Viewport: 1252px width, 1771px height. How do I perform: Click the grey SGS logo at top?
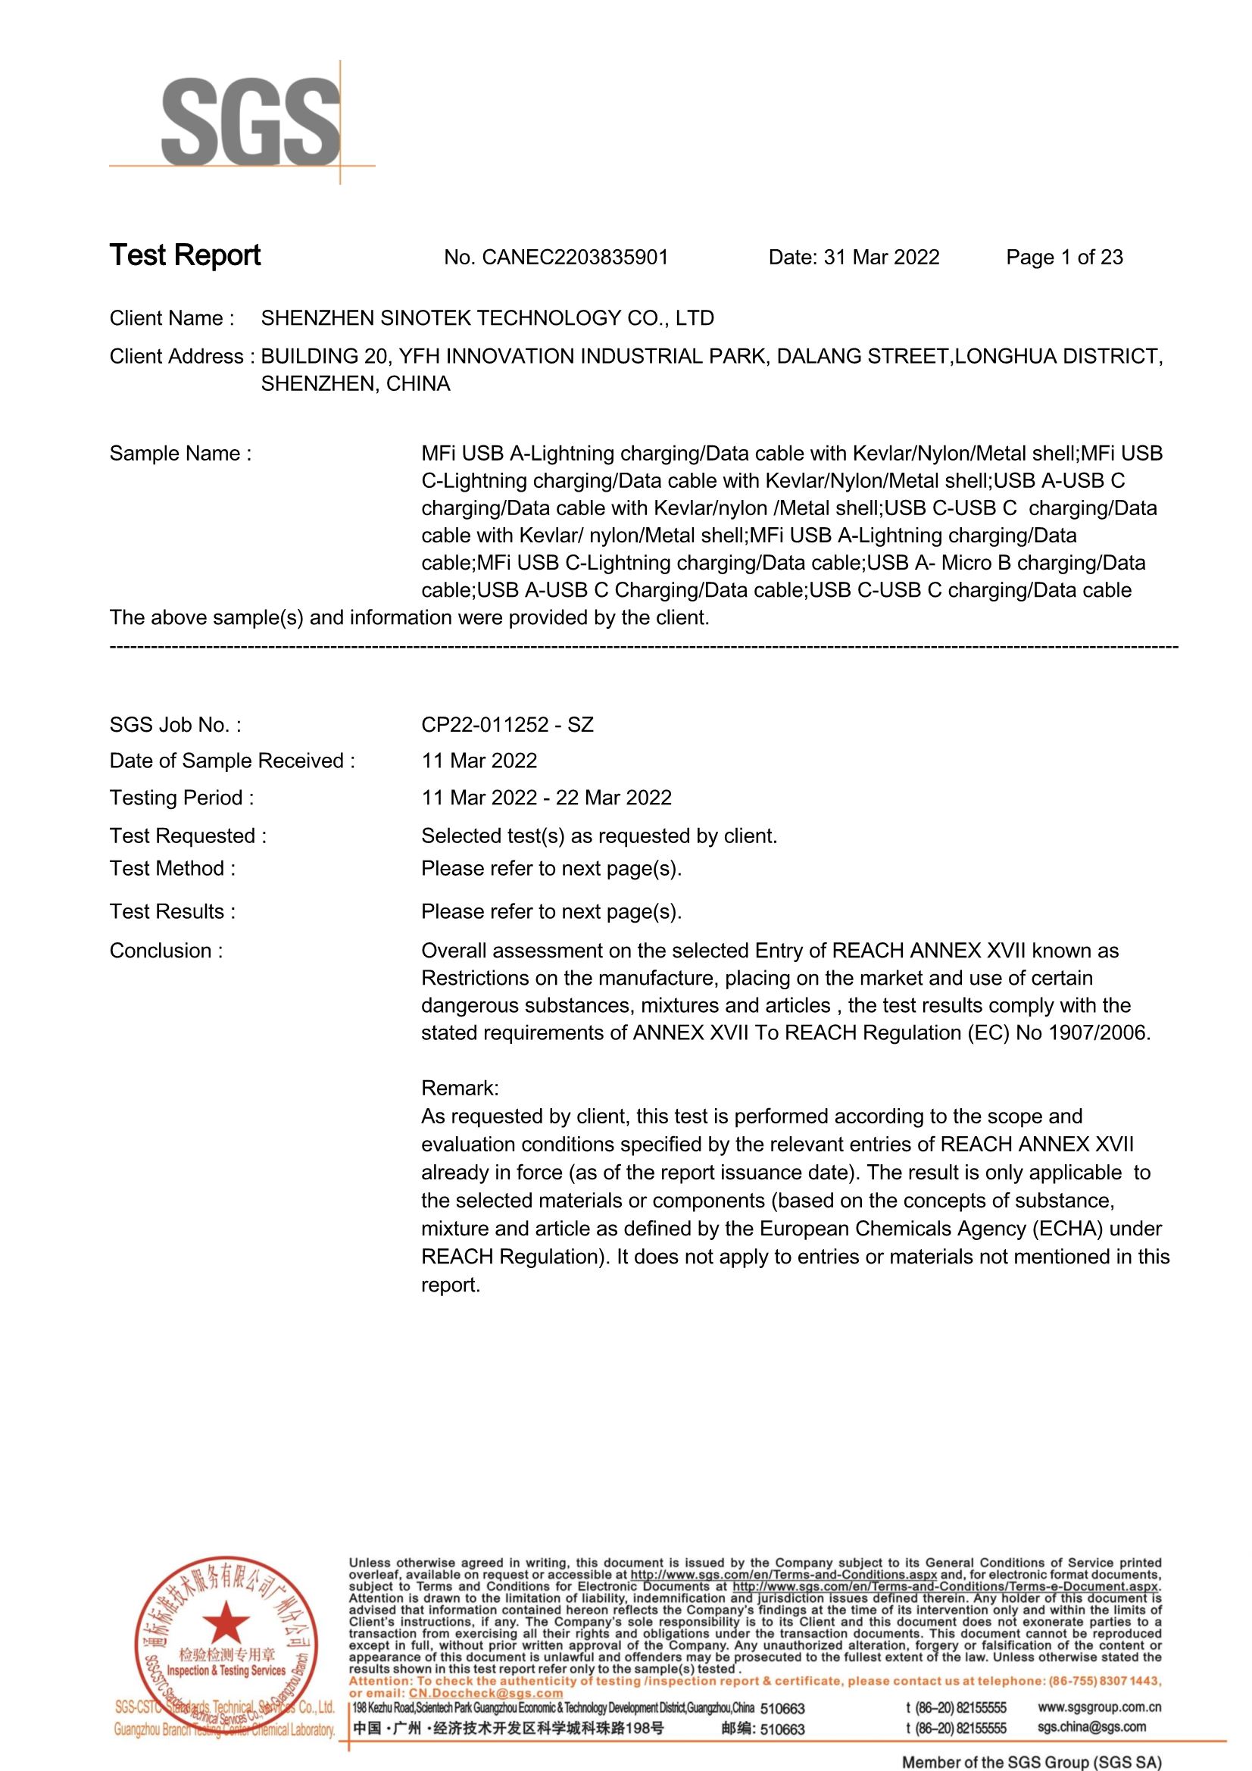point(250,121)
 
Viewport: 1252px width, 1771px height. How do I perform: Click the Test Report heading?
point(185,255)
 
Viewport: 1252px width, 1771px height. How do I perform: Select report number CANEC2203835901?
point(575,258)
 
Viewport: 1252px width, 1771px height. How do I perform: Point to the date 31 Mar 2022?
point(881,258)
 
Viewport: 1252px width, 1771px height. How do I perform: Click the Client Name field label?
point(171,319)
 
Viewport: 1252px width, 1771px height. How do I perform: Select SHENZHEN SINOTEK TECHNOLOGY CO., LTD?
point(488,319)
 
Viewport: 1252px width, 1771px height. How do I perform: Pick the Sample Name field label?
point(180,454)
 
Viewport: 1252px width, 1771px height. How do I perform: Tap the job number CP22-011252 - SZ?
point(507,725)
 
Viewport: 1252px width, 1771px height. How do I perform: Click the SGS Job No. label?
point(175,725)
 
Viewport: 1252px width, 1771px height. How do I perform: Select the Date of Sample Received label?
point(233,761)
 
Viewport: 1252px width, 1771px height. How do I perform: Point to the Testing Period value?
point(546,798)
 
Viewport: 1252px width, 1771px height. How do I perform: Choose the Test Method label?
point(173,869)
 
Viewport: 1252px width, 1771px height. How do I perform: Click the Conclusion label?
point(166,951)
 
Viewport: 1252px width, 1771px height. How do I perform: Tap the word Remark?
point(460,1089)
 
